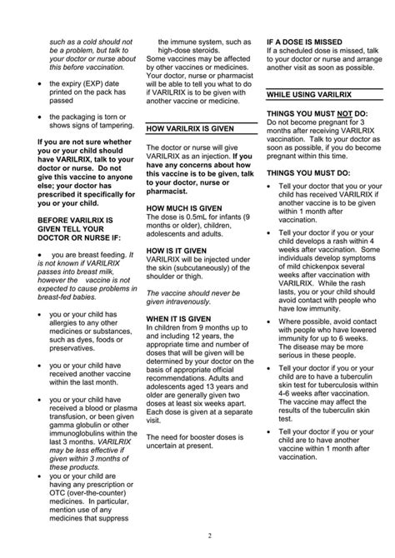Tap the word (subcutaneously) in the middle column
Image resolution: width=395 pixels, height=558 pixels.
[192, 268]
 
